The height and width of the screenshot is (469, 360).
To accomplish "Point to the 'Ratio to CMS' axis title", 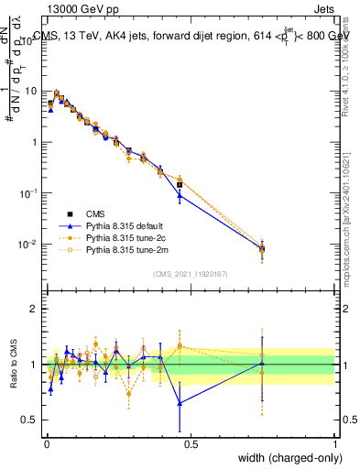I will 13,363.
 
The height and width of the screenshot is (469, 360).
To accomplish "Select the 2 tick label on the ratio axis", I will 35,310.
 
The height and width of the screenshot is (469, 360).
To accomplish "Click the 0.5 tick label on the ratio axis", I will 31,420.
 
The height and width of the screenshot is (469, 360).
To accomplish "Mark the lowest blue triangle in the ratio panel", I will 180,403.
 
